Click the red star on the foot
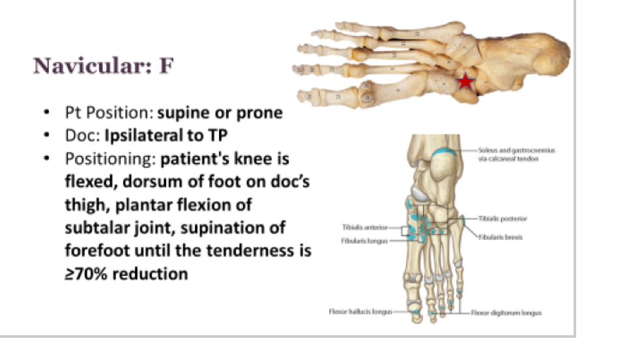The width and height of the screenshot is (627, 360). point(465,82)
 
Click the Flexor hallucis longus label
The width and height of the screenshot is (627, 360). point(360,312)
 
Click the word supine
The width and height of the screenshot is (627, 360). point(183,113)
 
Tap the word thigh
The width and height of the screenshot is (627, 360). point(85,205)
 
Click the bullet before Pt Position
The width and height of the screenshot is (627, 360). point(48,113)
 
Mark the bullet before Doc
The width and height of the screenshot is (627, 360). point(48,136)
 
